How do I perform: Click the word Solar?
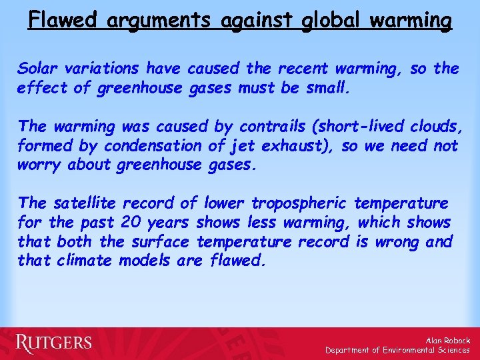click(x=37, y=68)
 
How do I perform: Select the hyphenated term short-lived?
click(x=376, y=126)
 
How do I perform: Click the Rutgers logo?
click(x=54, y=343)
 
